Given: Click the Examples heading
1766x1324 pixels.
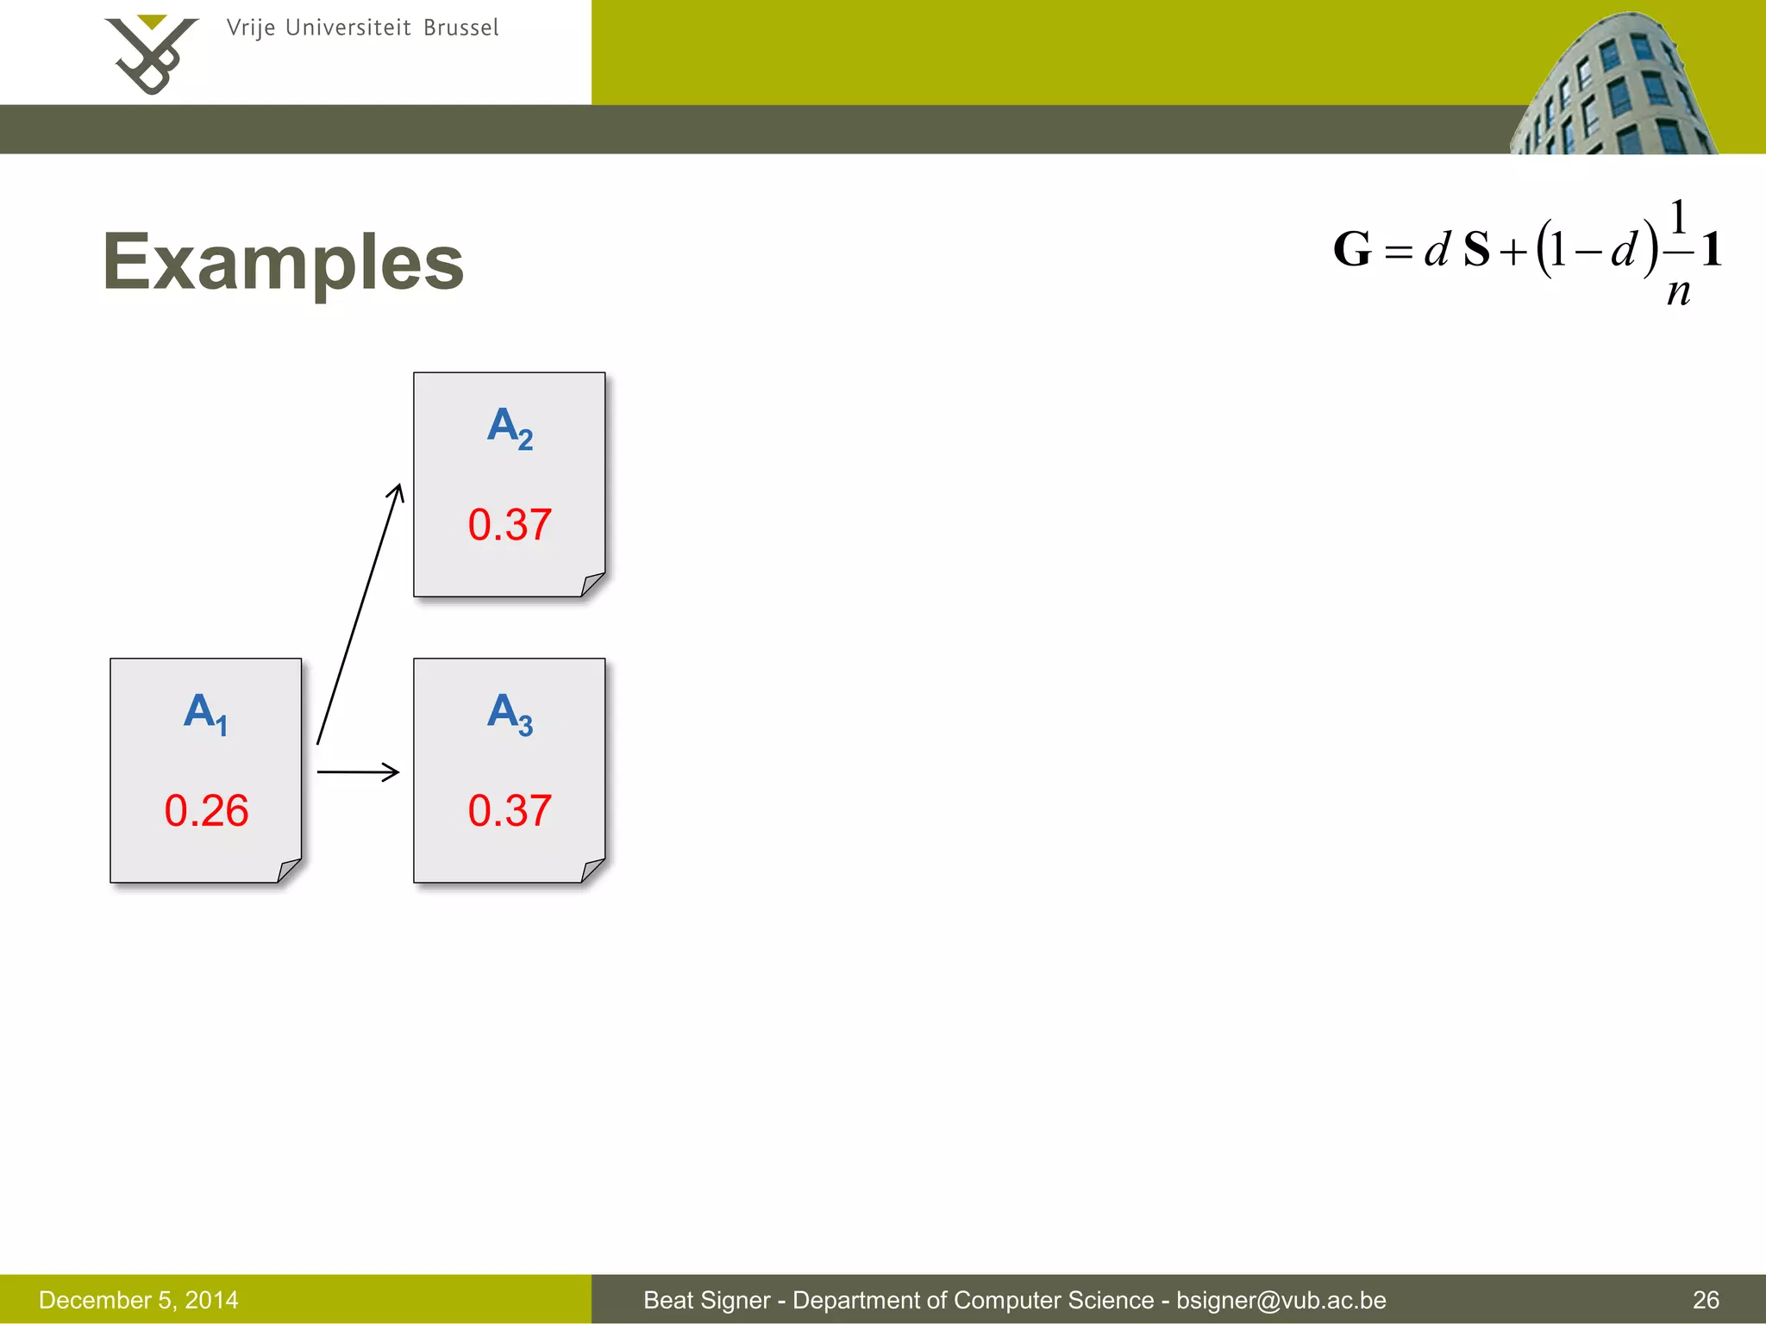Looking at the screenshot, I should click(283, 262).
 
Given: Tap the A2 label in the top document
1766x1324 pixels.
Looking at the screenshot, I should click(510, 428).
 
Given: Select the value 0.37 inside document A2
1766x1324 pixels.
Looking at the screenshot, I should click(510, 525).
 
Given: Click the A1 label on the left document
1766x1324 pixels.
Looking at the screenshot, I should click(206, 714).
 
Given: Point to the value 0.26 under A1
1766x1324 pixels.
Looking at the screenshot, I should click(206, 811).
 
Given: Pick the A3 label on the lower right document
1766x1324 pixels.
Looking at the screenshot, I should click(510, 714).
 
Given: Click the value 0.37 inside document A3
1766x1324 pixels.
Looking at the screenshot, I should click(510, 811).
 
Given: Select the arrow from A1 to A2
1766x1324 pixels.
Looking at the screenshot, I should click(360, 614).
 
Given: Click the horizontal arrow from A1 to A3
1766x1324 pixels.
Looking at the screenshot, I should click(358, 771).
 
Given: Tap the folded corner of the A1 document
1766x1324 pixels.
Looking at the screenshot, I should click(290, 871).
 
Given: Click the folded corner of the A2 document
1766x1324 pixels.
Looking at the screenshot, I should click(593, 584).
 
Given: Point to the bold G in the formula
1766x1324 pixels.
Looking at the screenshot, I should click(1351, 250).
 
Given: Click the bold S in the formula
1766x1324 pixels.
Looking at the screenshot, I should click(1476, 250).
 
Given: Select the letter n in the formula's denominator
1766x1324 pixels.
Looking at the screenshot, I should click(1678, 292).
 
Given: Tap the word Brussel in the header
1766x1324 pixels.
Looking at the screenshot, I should click(460, 28).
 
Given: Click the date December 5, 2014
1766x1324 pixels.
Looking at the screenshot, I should click(139, 1300).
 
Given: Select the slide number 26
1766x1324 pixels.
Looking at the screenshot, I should click(1706, 1300).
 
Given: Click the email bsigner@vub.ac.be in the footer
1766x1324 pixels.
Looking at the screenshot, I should click(1281, 1300).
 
